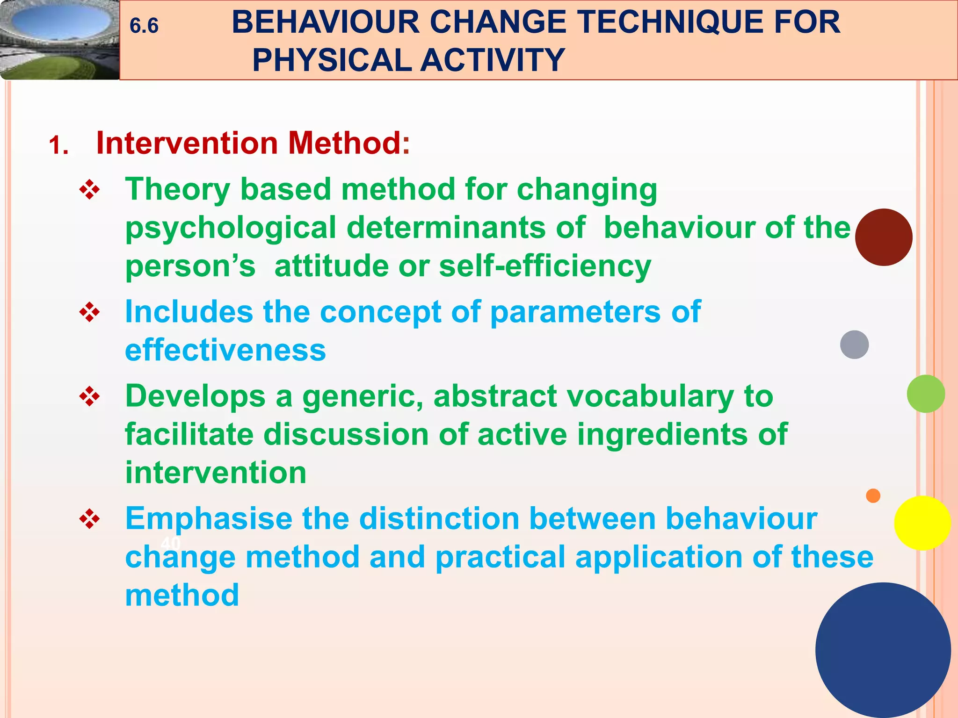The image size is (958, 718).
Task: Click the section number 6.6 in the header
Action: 144,26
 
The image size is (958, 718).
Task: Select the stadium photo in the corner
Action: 59,39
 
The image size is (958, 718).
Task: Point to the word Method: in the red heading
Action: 349,143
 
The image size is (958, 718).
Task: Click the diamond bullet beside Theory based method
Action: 89,191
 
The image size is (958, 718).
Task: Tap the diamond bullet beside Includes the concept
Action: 89,313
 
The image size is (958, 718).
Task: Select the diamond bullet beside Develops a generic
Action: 89,397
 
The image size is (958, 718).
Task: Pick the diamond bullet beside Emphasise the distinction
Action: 89,519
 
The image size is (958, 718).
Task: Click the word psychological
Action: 231,228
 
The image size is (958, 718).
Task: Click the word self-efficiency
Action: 545,266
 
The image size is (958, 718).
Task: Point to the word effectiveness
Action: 225,351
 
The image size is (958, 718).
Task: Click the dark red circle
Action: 883,237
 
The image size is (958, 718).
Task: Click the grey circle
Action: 854,345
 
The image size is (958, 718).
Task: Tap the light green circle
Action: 925,394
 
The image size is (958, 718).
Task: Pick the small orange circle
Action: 873,495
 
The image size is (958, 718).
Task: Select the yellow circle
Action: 922,523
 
